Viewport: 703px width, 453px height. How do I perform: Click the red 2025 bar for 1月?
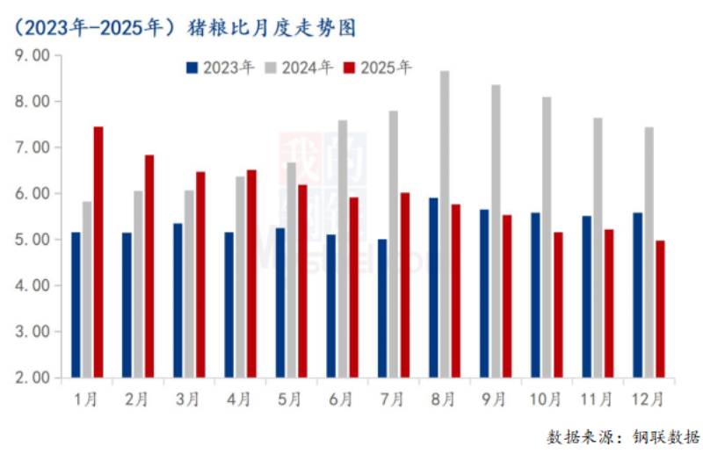tap(98, 252)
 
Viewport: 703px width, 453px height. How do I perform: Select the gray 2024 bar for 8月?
tap(445, 224)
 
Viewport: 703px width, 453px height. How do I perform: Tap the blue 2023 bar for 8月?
tap(433, 287)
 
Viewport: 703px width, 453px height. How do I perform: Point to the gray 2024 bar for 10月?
tap(547, 237)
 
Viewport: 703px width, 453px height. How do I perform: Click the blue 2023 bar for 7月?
tap(382, 308)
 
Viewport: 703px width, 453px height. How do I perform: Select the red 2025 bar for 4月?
tap(251, 273)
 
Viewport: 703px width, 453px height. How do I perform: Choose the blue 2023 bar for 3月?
tap(178, 300)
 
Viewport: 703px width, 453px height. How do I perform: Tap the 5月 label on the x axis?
tap(289, 399)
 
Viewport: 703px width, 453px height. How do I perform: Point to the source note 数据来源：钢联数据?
tap(623, 436)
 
